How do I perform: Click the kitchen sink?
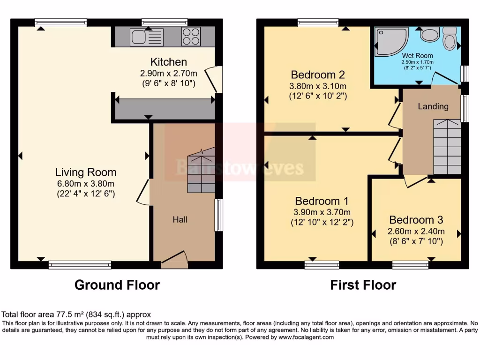pyautogui.click(x=141, y=36)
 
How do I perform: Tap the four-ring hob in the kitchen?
pyautogui.click(x=191, y=36)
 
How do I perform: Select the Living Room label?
pyautogui.click(x=86, y=172)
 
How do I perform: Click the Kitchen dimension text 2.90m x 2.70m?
pyautogui.click(x=168, y=73)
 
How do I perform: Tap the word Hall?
pyautogui.click(x=180, y=219)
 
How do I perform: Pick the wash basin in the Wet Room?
pyautogui.click(x=429, y=34)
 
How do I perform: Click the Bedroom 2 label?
pyautogui.click(x=318, y=75)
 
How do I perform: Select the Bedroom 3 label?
pyautogui.click(x=416, y=220)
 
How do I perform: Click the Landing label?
pyautogui.click(x=433, y=106)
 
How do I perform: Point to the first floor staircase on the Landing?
pyautogui.click(x=447, y=146)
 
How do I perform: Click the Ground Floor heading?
pyautogui.click(x=117, y=285)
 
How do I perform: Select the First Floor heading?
pyautogui.click(x=363, y=285)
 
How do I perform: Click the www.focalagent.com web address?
pyautogui.click(x=306, y=337)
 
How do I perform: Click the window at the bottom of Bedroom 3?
pyautogui.click(x=410, y=265)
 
